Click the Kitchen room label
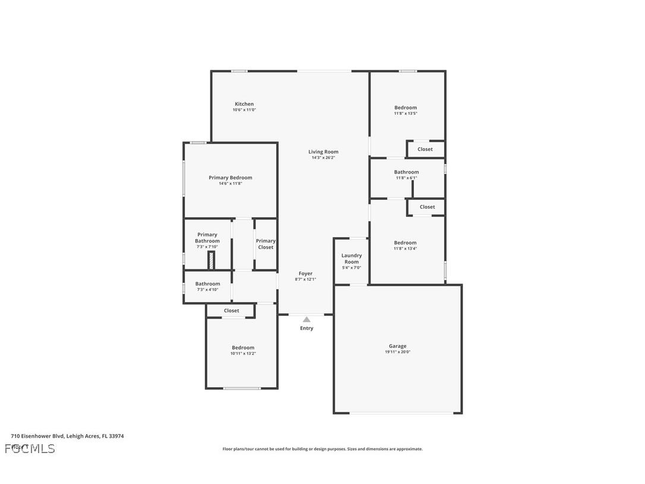pyautogui.click(x=244, y=104)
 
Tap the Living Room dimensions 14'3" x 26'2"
pyautogui.click(x=323, y=158)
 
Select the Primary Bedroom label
pyautogui.click(x=230, y=177)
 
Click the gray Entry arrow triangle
pyautogui.click(x=306, y=320)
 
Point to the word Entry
pyautogui.click(x=306, y=328)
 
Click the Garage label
pyautogui.click(x=397, y=346)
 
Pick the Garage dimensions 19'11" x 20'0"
pyautogui.click(x=397, y=352)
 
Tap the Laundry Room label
pyautogui.click(x=352, y=259)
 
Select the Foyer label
pyautogui.click(x=305, y=274)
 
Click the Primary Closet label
pyautogui.click(x=265, y=244)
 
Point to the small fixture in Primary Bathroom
pyautogui.click(x=211, y=260)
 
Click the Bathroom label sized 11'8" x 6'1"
pyautogui.click(x=406, y=172)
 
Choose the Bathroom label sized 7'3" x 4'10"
pyautogui.click(x=207, y=284)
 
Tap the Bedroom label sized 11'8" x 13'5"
pyautogui.click(x=406, y=108)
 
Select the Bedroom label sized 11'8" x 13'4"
pyautogui.click(x=405, y=243)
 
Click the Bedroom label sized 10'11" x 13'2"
pyautogui.click(x=243, y=347)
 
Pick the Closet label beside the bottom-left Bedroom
pyautogui.click(x=231, y=310)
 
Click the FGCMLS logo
pyautogui.click(x=30, y=448)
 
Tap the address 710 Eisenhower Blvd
pyautogui.click(x=67, y=436)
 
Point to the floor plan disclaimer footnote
pyautogui.click(x=322, y=449)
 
